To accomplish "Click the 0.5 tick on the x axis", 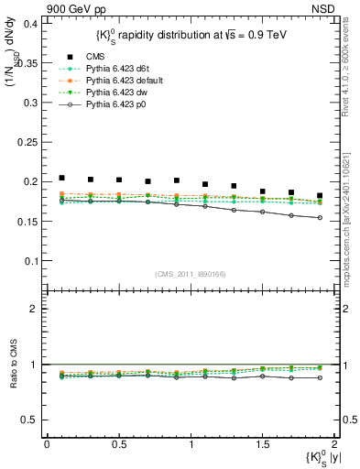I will pos(119,443).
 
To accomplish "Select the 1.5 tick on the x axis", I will pos(263,443).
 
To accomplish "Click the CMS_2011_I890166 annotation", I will pos(191,274).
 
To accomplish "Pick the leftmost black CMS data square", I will pos(61,178).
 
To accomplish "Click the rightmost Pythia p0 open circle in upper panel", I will pos(320,218).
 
